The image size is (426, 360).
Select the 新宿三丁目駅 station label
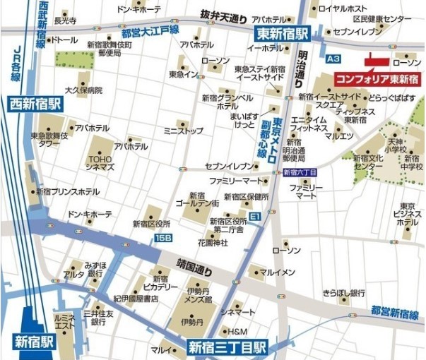[x=227, y=347]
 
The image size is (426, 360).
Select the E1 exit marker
[x=255, y=214]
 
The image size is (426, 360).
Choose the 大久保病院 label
[x=83, y=90]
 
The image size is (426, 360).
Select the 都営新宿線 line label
[x=396, y=312]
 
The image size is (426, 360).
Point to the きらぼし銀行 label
[x=344, y=292]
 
